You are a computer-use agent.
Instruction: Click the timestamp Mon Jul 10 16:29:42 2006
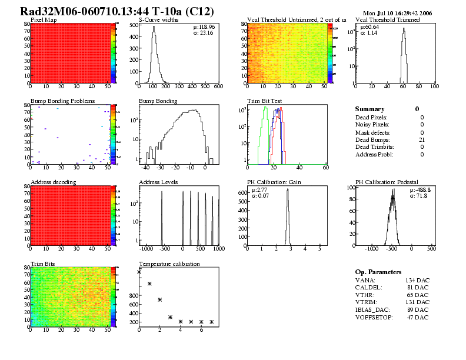click(398, 12)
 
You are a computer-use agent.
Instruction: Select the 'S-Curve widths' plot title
click(158, 20)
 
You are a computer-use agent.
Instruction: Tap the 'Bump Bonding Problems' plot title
click(62, 101)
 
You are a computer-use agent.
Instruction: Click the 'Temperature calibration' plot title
click(169, 264)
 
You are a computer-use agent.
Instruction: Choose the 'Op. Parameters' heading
click(378, 272)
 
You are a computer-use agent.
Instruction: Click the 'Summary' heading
click(370, 109)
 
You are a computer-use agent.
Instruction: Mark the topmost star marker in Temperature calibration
click(139, 272)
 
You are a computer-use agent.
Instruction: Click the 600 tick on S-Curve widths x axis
click(218, 86)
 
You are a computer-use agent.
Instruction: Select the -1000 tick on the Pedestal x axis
click(371, 249)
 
